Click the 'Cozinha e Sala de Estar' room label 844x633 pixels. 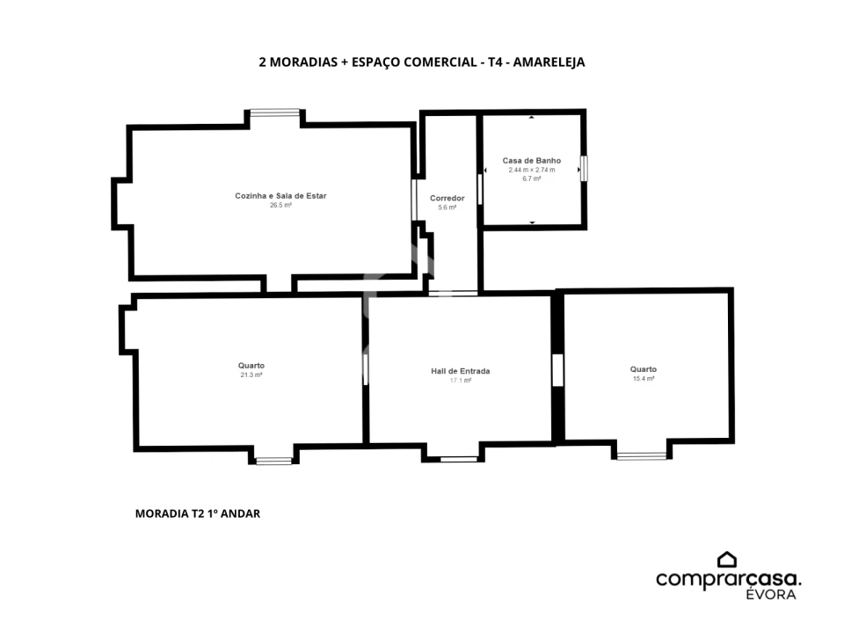point(280,196)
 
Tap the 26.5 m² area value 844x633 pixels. point(280,205)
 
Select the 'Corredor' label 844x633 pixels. point(447,198)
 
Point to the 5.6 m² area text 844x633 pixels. point(447,207)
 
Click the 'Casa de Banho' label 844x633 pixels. point(532,160)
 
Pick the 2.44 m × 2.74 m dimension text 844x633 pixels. point(532,170)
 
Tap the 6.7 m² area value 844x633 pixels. point(532,178)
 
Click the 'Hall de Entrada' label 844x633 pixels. point(460,371)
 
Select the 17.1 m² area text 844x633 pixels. point(460,380)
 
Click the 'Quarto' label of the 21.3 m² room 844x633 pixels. point(251,366)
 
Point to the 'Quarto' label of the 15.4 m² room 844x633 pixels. point(644,369)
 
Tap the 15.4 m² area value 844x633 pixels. point(644,378)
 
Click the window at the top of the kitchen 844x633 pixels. point(275,113)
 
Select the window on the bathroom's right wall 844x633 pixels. point(584,169)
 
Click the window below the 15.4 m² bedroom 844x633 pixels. point(642,456)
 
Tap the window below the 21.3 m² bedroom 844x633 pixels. point(273,461)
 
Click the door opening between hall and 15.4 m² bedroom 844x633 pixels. point(557,370)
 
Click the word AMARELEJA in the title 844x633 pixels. point(549,62)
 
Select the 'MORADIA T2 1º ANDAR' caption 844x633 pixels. point(198,513)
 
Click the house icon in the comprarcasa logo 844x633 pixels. point(727,560)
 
